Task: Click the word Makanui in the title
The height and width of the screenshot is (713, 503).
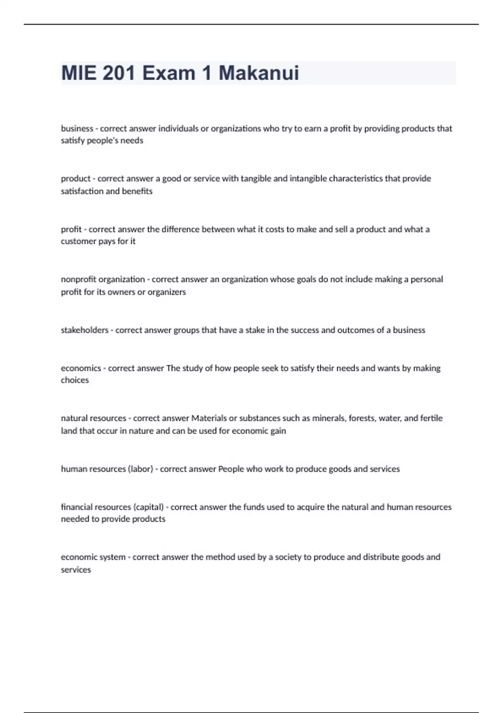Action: pyautogui.click(x=259, y=73)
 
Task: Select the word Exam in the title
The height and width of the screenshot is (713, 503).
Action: pyautogui.click(x=169, y=73)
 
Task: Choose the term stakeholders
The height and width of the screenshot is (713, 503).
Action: pyautogui.click(x=84, y=330)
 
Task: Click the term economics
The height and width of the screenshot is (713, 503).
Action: pyautogui.click(x=81, y=368)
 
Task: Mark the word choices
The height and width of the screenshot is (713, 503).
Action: pyautogui.click(x=75, y=380)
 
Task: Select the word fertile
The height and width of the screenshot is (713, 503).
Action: pyautogui.click(x=431, y=418)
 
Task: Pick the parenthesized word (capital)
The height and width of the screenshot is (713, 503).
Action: pyautogui.click(x=148, y=507)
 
